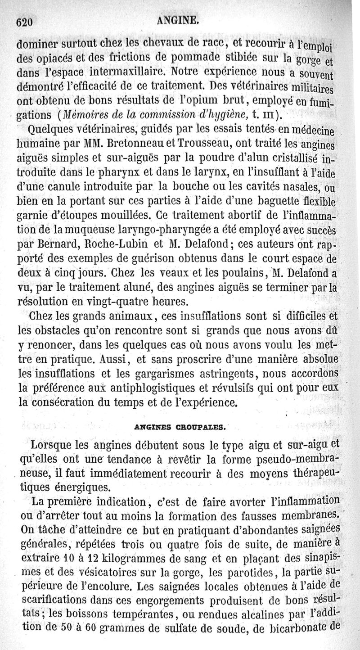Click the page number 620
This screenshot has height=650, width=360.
point(25,21)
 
